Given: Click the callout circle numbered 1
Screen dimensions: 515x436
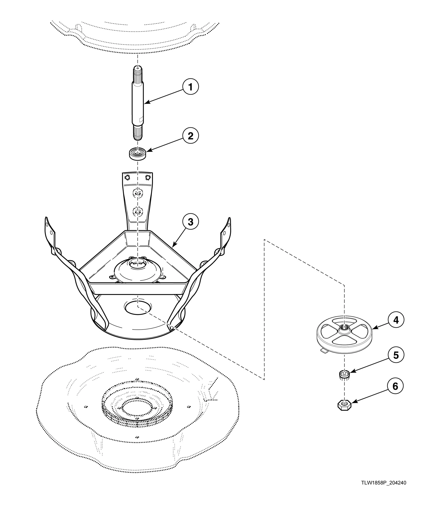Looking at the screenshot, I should coord(191,87).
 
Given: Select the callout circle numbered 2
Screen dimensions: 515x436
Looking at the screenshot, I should coord(191,136).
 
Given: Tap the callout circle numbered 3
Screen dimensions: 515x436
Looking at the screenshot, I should coord(191,222).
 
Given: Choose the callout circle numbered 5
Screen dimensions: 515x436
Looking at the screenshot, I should coord(396,355).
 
